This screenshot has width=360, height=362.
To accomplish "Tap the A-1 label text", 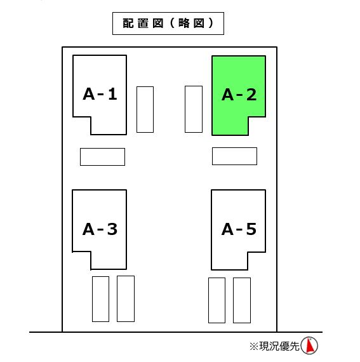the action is click(x=100, y=94).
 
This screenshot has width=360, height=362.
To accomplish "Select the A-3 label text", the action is click(x=100, y=229).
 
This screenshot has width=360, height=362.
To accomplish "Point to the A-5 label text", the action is click(x=239, y=229).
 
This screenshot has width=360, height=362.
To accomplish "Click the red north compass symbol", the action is click(x=309, y=345).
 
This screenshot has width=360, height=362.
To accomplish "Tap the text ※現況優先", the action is click(x=274, y=346).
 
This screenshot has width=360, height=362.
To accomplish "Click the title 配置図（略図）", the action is click(x=168, y=23).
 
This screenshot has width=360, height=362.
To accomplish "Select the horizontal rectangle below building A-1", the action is click(x=102, y=157).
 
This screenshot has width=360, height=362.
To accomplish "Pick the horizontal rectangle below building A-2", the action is click(x=234, y=156).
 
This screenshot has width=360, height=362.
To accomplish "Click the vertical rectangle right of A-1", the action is click(x=145, y=109).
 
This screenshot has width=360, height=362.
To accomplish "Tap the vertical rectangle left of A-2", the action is click(x=194, y=109).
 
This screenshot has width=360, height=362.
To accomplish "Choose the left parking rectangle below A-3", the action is click(x=100, y=299).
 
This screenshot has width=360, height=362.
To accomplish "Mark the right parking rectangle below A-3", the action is click(x=126, y=298).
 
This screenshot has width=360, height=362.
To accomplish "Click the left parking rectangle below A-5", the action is click(x=217, y=300).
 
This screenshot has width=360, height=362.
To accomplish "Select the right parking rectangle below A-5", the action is click(x=242, y=300).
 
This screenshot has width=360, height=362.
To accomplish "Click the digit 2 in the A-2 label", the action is click(x=251, y=95).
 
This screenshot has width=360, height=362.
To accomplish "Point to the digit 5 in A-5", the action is click(x=251, y=229).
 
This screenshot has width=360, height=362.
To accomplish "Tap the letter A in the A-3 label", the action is click(x=88, y=229).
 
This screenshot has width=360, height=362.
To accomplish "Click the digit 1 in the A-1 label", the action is click(x=112, y=94).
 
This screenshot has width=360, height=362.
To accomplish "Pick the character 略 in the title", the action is click(x=184, y=23).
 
